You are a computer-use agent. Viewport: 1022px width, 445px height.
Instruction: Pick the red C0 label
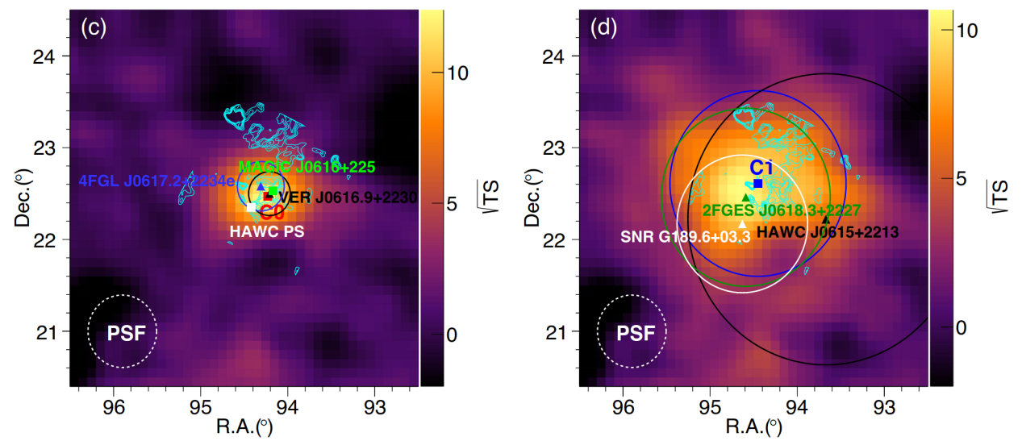(x=272, y=214)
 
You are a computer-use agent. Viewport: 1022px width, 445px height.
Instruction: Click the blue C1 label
(x=762, y=168)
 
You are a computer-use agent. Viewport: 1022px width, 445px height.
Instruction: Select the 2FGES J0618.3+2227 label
(x=781, y=210)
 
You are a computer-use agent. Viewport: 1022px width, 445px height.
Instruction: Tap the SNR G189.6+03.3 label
(x=686, y=237)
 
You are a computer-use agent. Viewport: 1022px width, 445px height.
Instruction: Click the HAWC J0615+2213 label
(x=828, y=232)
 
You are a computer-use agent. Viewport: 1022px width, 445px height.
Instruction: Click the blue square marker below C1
(x=758, y=184)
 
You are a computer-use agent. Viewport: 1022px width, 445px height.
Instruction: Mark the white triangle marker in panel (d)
(x=742, y=224)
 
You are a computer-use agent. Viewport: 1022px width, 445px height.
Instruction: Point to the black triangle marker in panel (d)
(x=825, y=219)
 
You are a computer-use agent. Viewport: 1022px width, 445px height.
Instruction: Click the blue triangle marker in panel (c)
(x=261, y=187)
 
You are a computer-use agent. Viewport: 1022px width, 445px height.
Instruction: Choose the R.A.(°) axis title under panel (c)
(x=244, y=426)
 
